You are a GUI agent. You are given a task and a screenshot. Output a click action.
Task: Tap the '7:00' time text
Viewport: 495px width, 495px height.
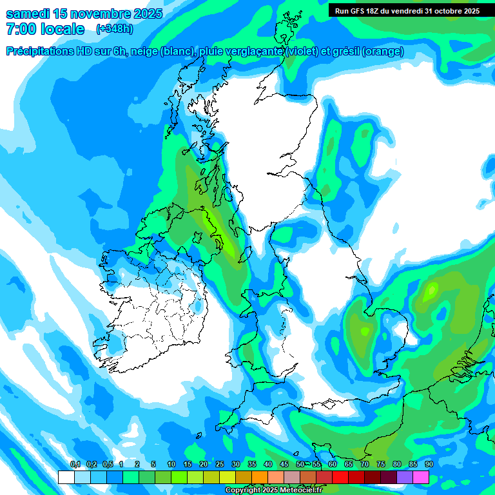pyautogui.click(x=21, y=29)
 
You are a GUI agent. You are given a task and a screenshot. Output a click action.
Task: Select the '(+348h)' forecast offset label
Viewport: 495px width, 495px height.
pyautogui.click(x=114, y=29)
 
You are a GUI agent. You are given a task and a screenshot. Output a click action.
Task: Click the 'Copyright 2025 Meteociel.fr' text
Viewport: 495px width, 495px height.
pyautogui.click(x=273, y=490)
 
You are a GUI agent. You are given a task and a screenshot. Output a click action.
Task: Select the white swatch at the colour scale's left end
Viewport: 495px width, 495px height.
pyautogui.click(x=66, y=478)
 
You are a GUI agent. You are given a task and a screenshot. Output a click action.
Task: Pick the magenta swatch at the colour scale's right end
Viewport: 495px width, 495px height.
pyautogui.click(x=421, y=478)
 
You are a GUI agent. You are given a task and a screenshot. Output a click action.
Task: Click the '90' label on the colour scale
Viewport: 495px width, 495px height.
pyautogui.click(x=429, y=465)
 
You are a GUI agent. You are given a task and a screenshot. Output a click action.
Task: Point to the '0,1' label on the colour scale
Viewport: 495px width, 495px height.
pyautogui.click(x=75, y=465)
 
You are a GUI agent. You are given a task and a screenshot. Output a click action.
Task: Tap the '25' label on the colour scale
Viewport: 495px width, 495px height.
pyautogui.click(x=220, y=465)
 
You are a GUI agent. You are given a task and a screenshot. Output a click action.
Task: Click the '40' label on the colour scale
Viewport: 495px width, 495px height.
pyautogui.click(x=267, y=465)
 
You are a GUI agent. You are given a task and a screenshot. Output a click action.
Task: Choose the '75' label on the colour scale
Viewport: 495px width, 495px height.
pyautogui.click(x=380, y=465)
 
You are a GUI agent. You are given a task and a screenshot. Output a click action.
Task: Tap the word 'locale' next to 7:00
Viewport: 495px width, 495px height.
pyautogui.click(x=61, y=29)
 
